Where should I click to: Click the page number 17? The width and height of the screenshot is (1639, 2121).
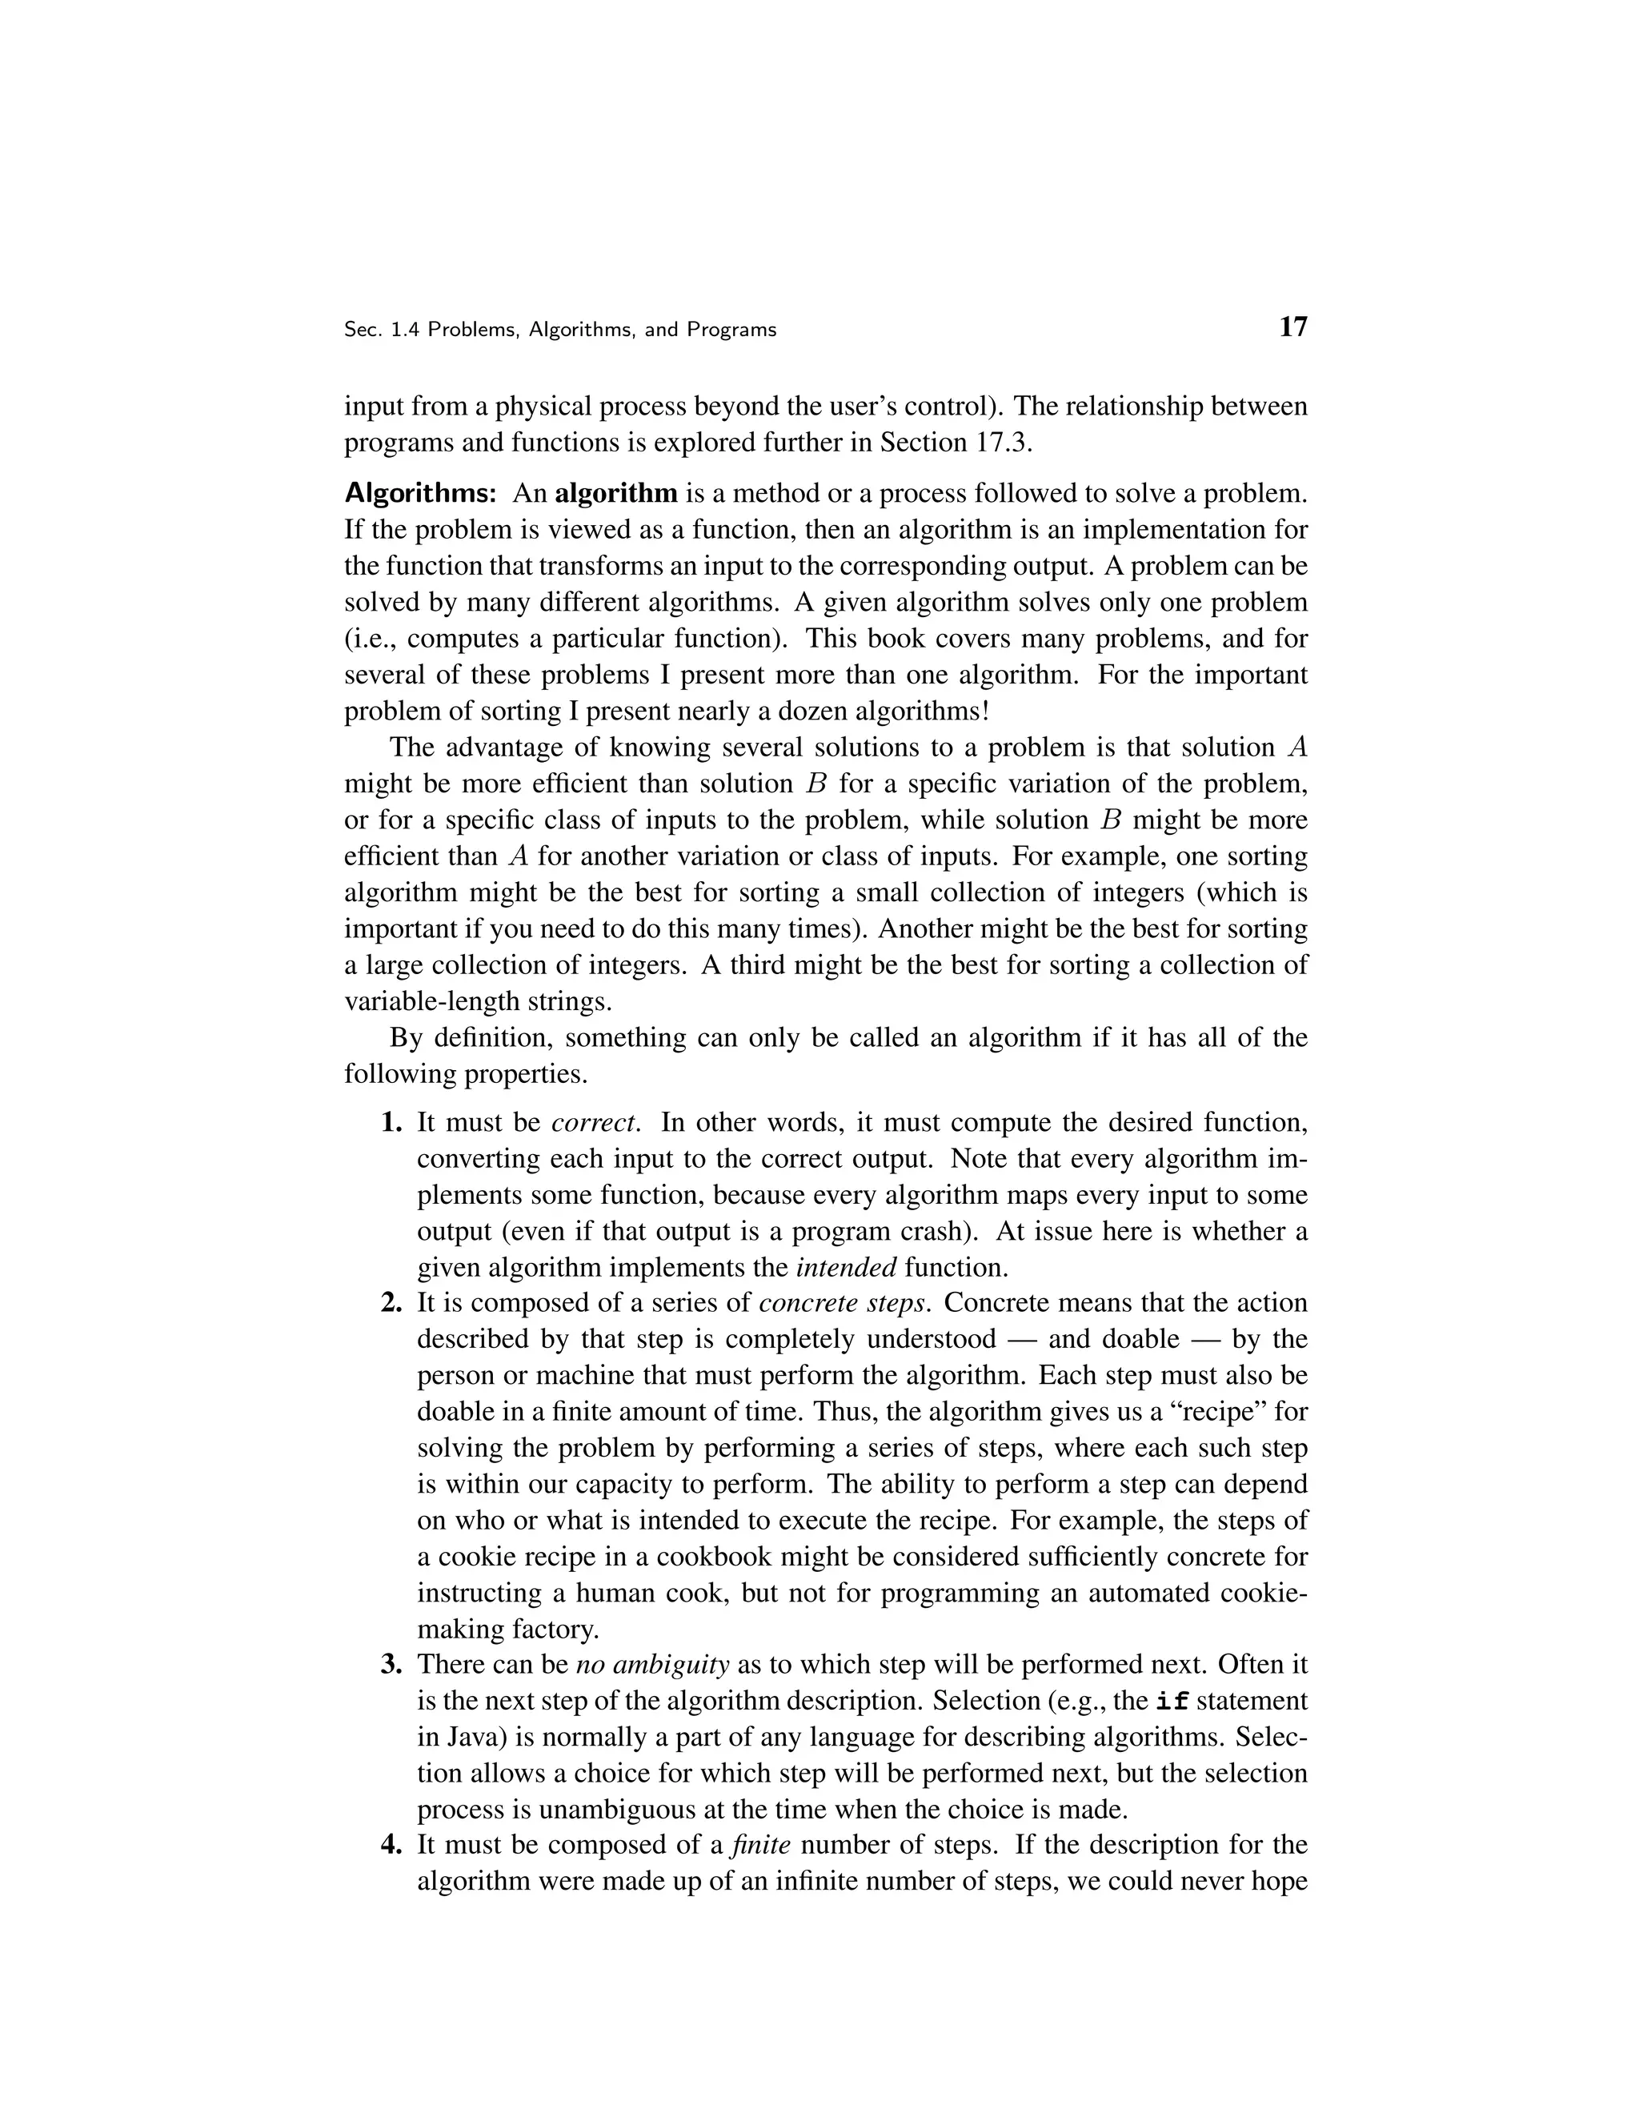pos(1293,327)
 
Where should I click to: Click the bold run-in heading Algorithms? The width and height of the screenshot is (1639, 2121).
pos(420,493)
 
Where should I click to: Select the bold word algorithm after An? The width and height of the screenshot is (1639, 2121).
pos(615,493)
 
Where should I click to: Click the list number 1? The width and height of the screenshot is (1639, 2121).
pos(391,1123)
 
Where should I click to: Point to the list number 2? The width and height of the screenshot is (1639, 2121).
pos(391,1303)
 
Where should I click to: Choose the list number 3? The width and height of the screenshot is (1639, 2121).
pos(391,1665)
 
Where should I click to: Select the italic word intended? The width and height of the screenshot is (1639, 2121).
pos(846,1267)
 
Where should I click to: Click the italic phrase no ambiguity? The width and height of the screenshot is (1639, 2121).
pos(652,1665)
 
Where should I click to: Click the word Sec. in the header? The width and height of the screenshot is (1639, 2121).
pos(363,331)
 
